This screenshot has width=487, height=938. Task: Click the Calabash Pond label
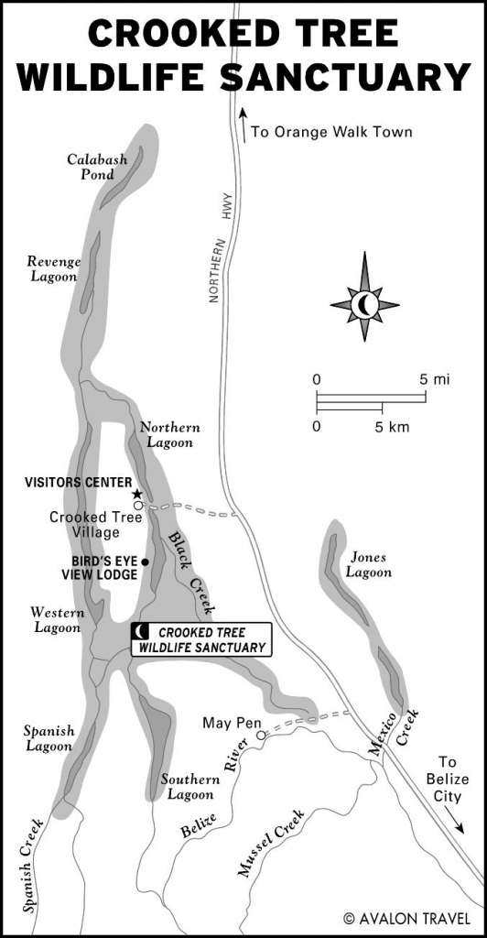tap(91, 167)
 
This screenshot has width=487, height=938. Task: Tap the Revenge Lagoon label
tap(54, 268)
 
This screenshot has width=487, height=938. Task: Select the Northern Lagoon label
tap(168, 435)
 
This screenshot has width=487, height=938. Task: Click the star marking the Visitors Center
tap(137, 495)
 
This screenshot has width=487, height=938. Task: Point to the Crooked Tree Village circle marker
tap(137, 505)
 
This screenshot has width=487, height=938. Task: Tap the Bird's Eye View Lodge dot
tap(146, 562)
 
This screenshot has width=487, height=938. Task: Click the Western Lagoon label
tap(57, 620)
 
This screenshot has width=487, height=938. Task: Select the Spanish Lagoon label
tap(49, 738)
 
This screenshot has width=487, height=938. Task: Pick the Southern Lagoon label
tap(190, 787)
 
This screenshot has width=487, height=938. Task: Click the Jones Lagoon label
tap(369, 564)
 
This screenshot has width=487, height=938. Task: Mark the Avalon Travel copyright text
tap(408, 917)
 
